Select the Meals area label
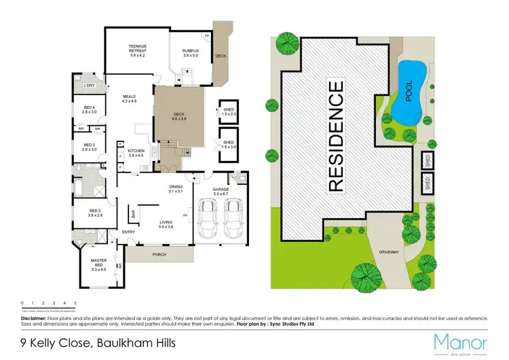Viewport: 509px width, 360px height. coord(129,99)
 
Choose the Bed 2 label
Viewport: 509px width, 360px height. coord(94,212)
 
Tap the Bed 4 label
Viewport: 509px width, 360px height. coord(90,109)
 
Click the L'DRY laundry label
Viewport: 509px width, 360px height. coord(88,85)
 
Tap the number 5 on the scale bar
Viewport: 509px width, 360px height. coord(75,302)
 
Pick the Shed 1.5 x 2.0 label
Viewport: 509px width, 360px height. coord(227,112)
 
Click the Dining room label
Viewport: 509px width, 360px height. coord(177,190)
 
